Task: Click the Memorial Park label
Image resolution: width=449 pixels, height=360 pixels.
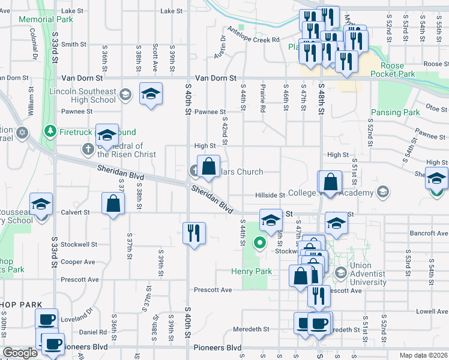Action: [46, 19]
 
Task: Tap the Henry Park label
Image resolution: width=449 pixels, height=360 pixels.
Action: [252, 271]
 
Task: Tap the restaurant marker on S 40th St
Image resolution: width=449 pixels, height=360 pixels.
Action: [194, 232]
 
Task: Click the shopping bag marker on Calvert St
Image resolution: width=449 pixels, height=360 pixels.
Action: [113, 203]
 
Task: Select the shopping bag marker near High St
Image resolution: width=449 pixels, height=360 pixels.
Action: [208, 166]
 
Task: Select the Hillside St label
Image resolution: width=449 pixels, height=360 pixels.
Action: [270, 195]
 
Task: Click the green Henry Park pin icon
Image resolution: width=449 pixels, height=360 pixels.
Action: [259, 242]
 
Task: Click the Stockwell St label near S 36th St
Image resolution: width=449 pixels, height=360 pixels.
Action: [79, 244]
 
